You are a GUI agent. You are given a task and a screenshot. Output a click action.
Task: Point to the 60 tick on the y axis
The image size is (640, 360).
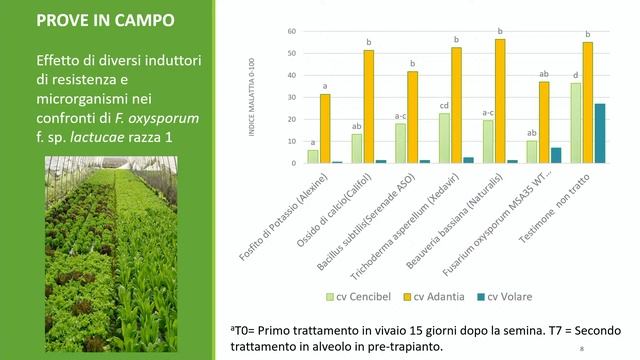click(x=291, y=31)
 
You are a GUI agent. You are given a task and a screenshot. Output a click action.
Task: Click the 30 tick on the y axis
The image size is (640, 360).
click(x=291, y=97)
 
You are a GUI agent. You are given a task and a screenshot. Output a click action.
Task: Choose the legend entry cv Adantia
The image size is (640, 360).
click(x=438, y=296)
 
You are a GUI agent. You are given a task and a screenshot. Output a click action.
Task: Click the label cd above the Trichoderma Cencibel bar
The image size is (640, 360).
click(x=445, y=105)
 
